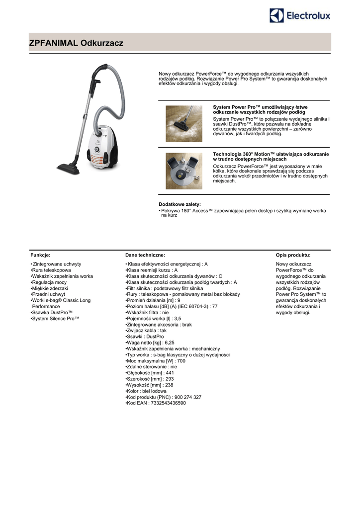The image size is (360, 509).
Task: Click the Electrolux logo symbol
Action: point(277,15)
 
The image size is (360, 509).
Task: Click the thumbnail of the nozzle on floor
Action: point(184,124)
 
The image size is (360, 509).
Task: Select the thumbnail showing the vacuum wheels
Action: point(184,170)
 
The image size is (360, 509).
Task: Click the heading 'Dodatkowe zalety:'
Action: point(180,204)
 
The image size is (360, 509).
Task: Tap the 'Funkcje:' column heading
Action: point(40,254)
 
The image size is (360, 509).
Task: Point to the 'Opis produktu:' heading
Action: point(293,254)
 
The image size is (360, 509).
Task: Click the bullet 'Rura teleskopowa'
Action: point(51,270)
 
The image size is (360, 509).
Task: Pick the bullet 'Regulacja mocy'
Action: point(49,282)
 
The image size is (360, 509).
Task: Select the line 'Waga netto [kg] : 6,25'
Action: point(150,342)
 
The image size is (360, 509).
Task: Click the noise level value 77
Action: point(215,306)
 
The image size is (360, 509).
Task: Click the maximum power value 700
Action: point(181,361)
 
